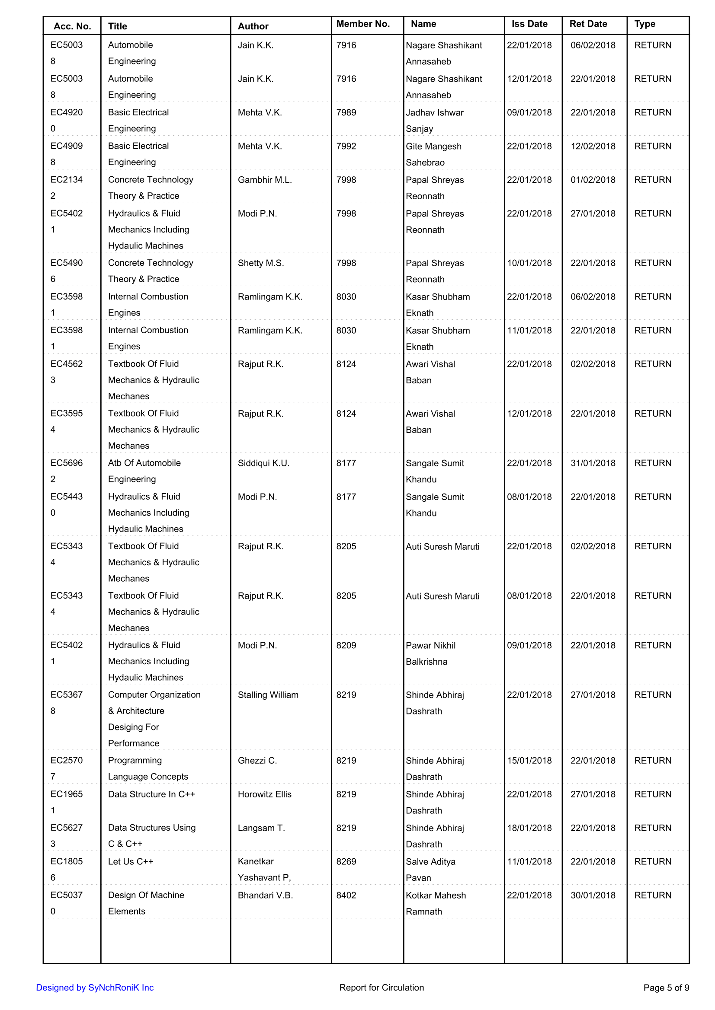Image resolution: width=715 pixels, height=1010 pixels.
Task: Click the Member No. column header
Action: [x=363, y=24]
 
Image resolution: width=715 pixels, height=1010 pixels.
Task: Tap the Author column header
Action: [x=253, y=26]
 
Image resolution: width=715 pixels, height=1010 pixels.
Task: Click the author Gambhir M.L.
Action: [x=265, y=180]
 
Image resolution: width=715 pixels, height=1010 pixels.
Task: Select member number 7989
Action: [x=346, y=113]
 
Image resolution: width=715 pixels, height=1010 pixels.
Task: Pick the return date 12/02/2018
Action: [x=593, y=147]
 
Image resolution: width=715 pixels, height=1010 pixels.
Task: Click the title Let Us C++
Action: [x=131, y=861]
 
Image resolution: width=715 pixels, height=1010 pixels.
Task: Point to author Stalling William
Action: [x=268, y=695]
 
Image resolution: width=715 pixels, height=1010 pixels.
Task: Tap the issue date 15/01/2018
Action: [x=529, y=761]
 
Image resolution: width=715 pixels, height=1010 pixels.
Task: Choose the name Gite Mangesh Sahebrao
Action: [x=433, y=154]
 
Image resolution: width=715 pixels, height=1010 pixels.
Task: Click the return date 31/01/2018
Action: [x=593, y=463]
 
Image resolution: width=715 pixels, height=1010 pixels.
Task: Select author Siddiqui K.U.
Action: [x=263, y=463]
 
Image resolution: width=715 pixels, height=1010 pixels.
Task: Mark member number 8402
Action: [x=346, y=895]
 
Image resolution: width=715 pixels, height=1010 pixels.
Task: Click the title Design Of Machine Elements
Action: [x=146, y=903]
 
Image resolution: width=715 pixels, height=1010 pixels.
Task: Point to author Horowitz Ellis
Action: [x=265, y=794]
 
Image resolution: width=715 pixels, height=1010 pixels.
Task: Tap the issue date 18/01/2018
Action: [x=529, y=828]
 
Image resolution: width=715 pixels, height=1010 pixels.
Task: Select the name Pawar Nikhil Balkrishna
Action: [x=430, y=653]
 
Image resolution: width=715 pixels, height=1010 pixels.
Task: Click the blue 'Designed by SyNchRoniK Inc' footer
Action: [x=95, y=988]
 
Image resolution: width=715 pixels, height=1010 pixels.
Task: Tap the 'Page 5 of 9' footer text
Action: [x=666, y=988]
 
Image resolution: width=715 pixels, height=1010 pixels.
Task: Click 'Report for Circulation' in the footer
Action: [x=381, y=988]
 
